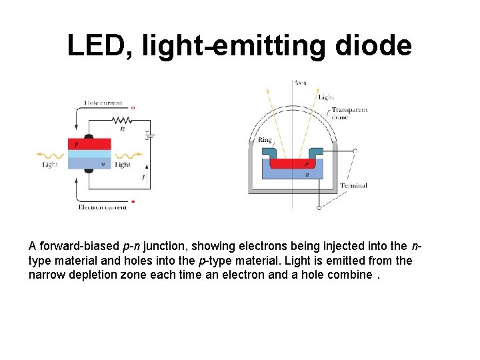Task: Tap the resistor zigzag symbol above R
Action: click(123, 120)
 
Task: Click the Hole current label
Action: click(103, 103)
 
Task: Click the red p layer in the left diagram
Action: click(89, 144)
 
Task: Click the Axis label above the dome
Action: click(301, 83)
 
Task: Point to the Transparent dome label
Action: click(349, 113)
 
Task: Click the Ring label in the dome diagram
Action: click(265, 140)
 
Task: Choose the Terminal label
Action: click(353, 185)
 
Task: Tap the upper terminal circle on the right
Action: click(355, 151)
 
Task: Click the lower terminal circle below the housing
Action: click(319, 208)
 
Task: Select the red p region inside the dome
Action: click(293, 163)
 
